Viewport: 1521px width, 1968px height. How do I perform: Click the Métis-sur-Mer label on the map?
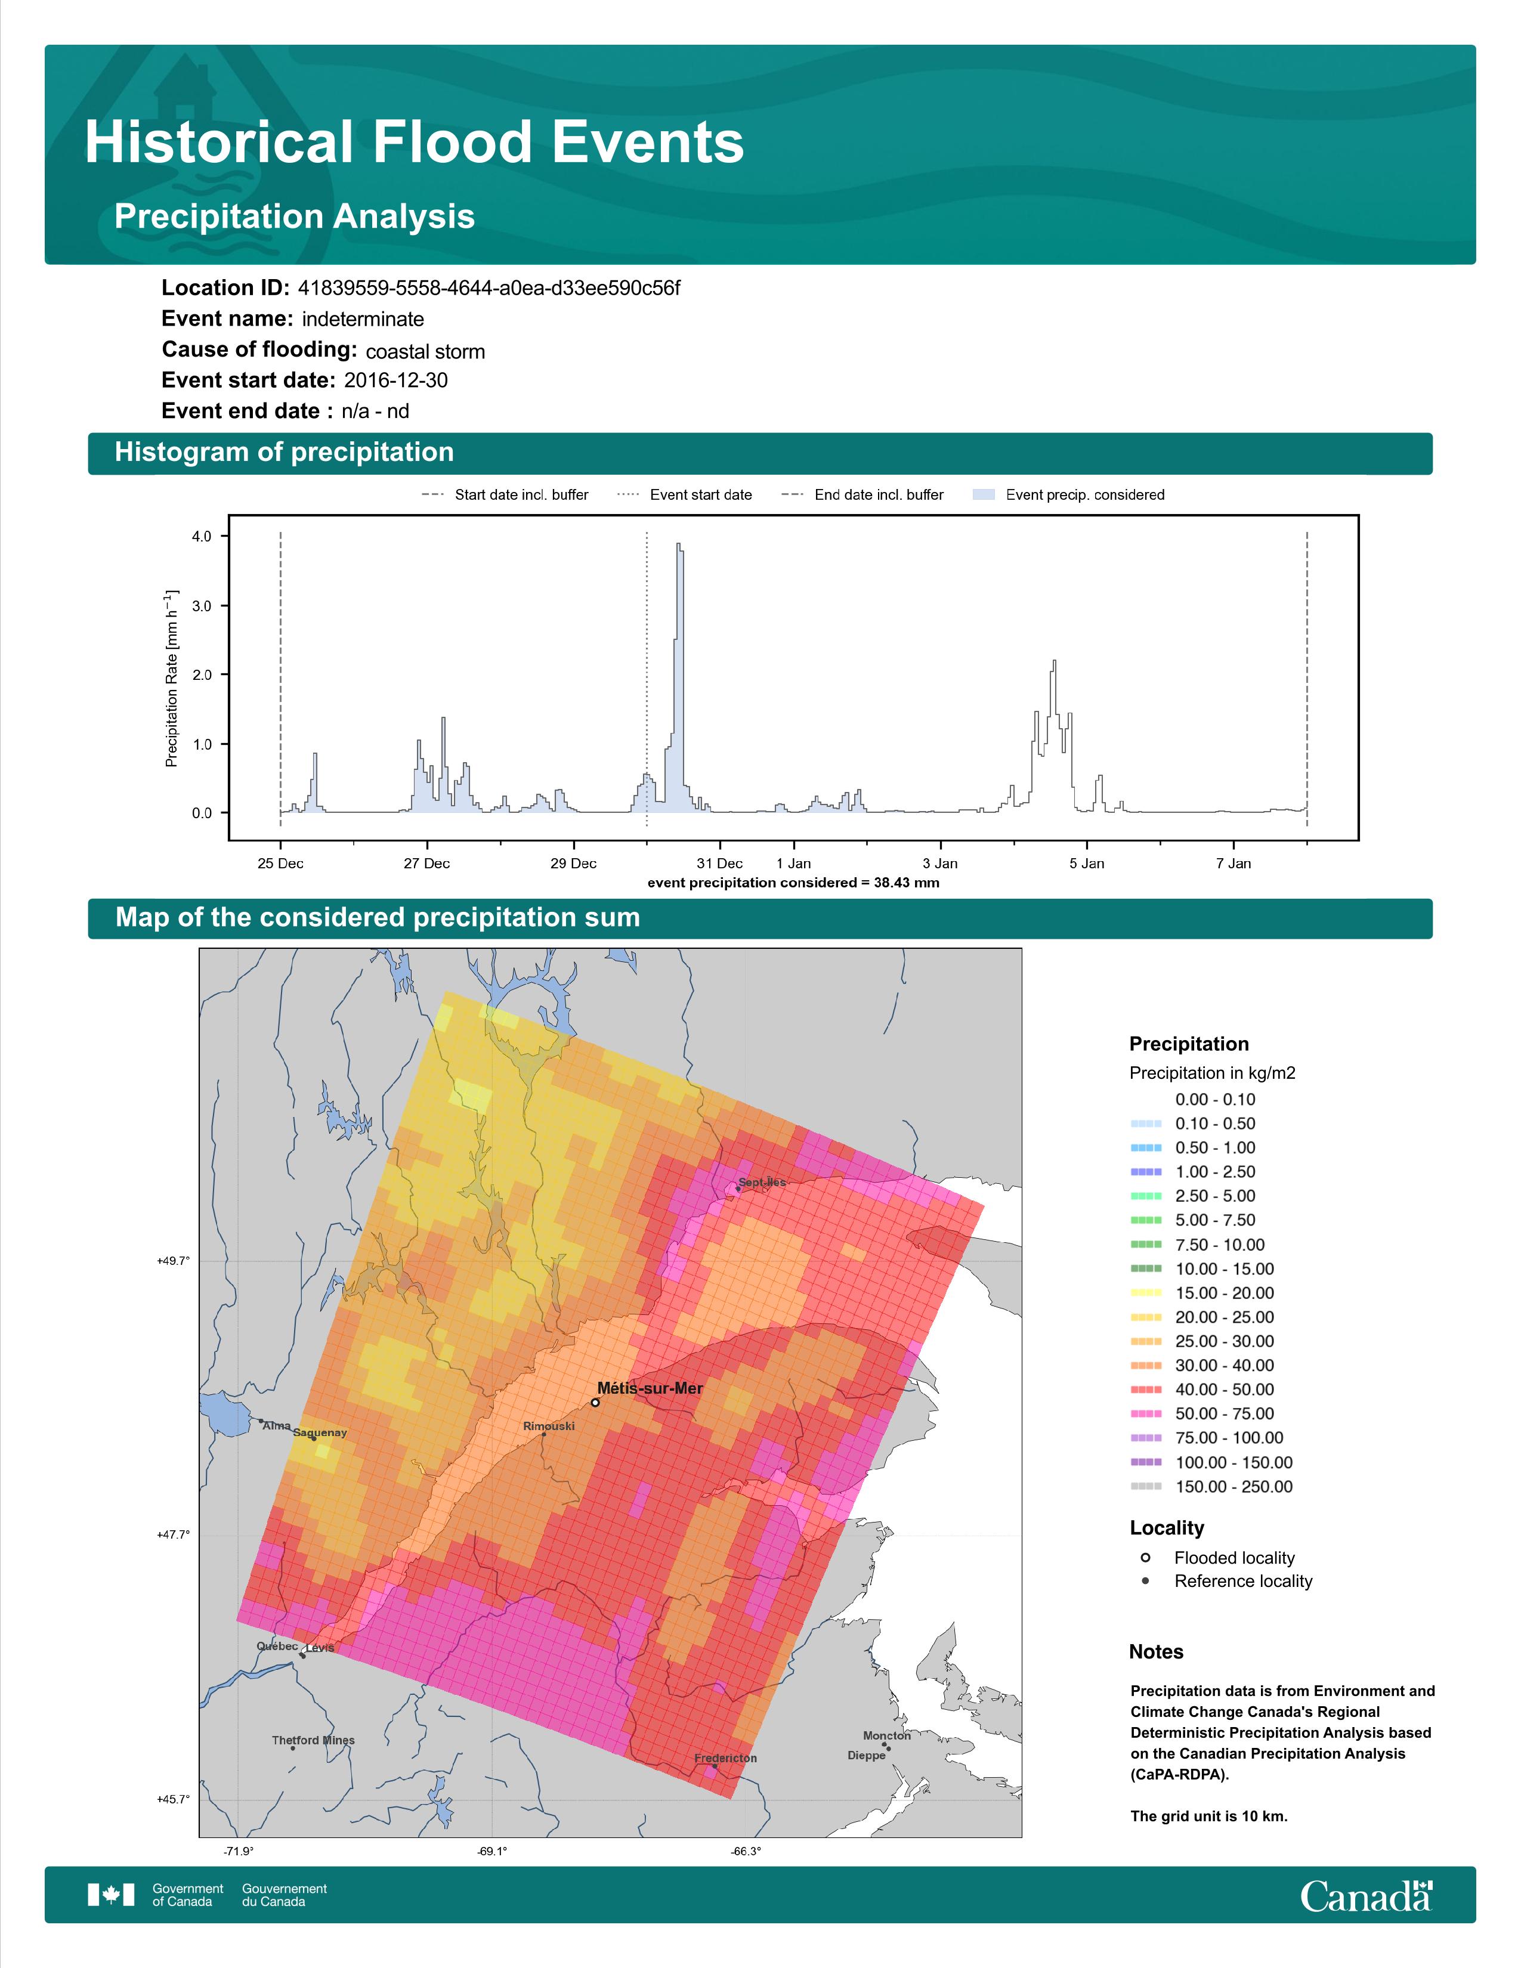(650, 1388)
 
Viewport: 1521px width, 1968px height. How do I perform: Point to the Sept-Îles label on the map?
(762, 1182)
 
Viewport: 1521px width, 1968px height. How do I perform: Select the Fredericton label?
(725, 1758)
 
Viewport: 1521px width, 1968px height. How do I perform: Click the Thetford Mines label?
(314, 1740)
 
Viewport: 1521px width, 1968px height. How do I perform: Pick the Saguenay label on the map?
(320, 1432)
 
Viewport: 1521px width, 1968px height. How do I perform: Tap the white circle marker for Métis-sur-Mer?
(595, 1402)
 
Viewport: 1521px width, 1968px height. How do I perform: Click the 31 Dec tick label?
(720, 864)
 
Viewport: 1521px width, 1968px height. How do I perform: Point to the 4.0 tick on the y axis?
(202, 536)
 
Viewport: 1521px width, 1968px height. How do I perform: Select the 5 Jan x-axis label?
(1087, 864)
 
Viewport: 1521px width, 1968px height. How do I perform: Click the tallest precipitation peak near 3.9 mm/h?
(679, 546)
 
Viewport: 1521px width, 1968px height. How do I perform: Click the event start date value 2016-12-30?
(395, 380)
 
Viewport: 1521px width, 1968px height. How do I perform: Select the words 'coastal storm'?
(425, 351)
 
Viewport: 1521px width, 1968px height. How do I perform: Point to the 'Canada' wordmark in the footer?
(1366, 1896)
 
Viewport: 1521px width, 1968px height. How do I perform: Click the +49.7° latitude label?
(173, 1261)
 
